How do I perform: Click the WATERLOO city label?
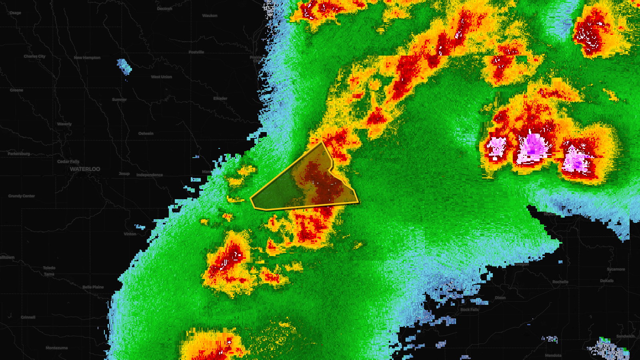[85, 169]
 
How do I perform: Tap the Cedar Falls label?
[68, 162]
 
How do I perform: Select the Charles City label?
[34, 56]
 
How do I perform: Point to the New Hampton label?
[87, 58]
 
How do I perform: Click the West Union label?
[161, 77]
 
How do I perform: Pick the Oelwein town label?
[146, 134]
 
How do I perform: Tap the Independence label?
[150, 175]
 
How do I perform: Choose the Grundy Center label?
[22, 196]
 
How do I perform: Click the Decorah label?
[164, 9]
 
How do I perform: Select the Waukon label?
[210, 16]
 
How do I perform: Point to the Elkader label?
[220, 98]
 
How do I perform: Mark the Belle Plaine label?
[93, 287]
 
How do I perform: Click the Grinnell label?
[28, 317]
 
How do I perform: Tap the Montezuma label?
[56, 348]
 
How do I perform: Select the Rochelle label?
[560, 282]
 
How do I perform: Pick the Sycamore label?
[616, 269]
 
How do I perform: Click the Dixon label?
[500, 298]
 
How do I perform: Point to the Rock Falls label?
[469, 310]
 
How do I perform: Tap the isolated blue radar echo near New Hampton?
[124, 66]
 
